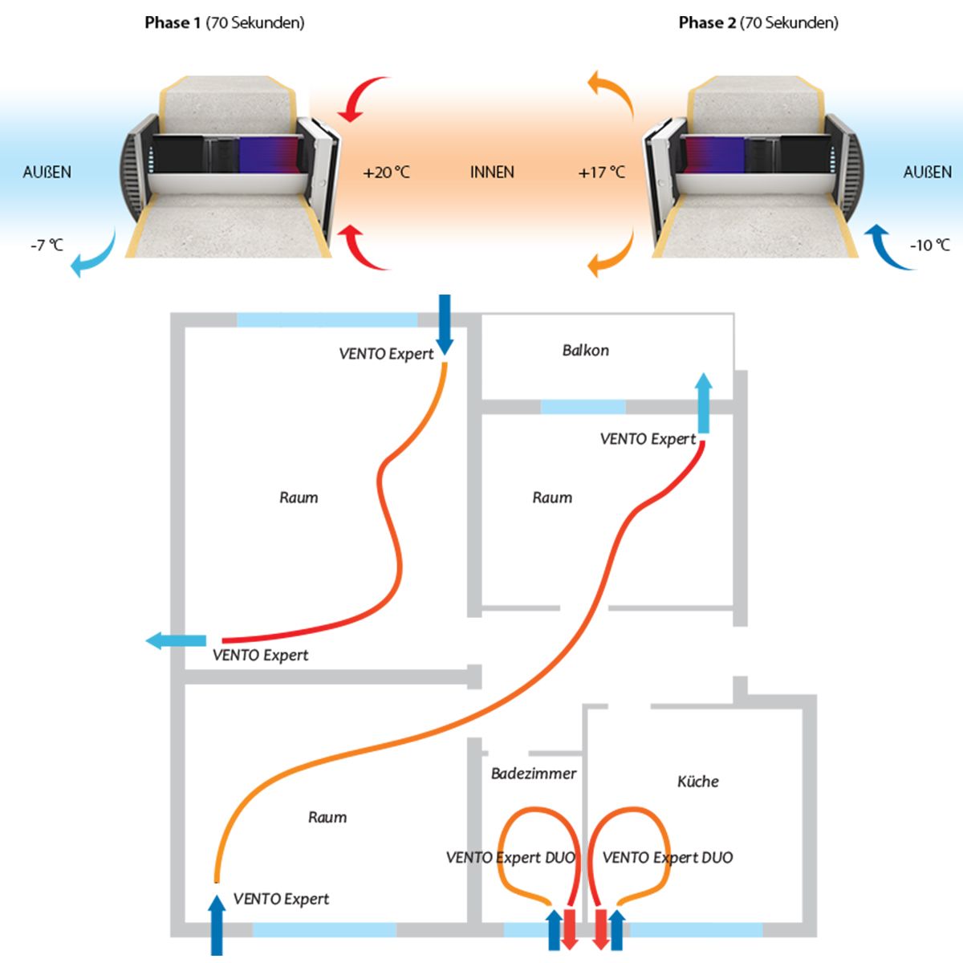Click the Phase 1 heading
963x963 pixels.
pyautogui.click(x=224, y=22)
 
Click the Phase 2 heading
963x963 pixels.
pyautogui.click(x=758, y=22)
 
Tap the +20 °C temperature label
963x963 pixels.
pyautogui.click(x=386, y=172)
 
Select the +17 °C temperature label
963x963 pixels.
pyautogui.click(x=601, y=172)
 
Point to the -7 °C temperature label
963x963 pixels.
pyautogui.click(x=47, y=245)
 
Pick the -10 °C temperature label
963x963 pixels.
pyautogui.click(x=929, y=245)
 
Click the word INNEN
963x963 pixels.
pyautogui.click(x=492, y=172)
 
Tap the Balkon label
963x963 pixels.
pyautogui.click(x=585, y=350)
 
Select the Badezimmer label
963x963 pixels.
pyautogui.click(x=534, y=774)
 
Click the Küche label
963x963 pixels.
pyautogui.click(x=697, y=781)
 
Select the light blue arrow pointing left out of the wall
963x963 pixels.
pyautogui.click(x=175, y=640)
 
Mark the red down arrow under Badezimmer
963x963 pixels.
pyautogui.click(x=569, y=929)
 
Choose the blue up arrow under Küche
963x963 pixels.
pyautogui.click(x=616, y=929)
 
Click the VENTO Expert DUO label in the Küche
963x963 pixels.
pyautogui.click(x=667, y=857)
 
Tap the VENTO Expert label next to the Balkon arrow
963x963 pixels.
pyautogui.click(x=648, y=439)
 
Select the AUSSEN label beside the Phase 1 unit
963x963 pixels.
pyautogui.click(x=47, y=172)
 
